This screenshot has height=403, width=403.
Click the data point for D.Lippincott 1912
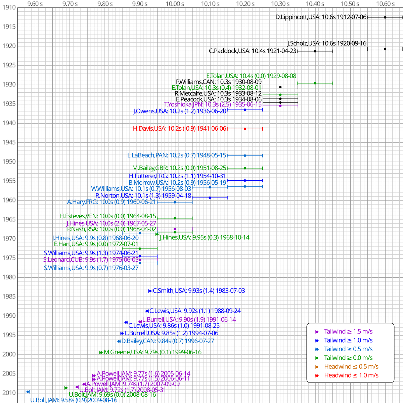pyautogui.click(x=385, y=17)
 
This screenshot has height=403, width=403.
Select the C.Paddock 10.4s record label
pyautogui.click(x=253, y=51)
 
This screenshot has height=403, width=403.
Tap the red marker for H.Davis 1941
pyautogui.click(x=245, y=129)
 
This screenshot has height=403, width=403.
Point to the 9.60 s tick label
pyautogui.click(x=35, y=4)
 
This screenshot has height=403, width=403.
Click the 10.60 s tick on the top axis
pyautogui.click(x=385, y=4)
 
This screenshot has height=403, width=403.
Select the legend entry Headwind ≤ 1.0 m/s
pyautogui.click(x=351, y=375)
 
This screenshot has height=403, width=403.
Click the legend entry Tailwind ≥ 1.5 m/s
pyautogui.click(x=348, y=331)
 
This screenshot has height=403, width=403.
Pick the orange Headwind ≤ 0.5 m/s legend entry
pyautogui.click(x=351, y=367)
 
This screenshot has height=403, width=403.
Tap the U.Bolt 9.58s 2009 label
pyautogui.click(x=74, y=400)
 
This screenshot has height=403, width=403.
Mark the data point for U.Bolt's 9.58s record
pyautogui.click(x=28, y=392)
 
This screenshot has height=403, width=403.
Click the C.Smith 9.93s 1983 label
pyautogui.click(x=199, y=291)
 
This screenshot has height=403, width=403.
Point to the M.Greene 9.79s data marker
pyautogui.click(x=101, y=352)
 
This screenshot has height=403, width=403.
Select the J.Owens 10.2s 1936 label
pyautogui.click(x=180, y=111)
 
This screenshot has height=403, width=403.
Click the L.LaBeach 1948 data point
pyautogui.click(x=245, y=155)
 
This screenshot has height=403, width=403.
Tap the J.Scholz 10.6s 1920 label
pyautogui.click(x=327, y=43)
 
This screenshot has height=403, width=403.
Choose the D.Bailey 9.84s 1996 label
pyautogui.click(x=168, y=341)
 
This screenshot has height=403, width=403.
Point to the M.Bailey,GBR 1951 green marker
pyautogui.click(x=245, y=168)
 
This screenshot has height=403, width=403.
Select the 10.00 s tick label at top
pyautogui.click(x=175, y=4)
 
